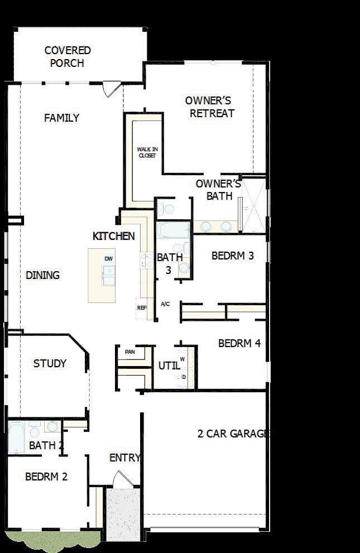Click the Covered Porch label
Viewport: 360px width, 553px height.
68,57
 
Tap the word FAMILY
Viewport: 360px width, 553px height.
62,118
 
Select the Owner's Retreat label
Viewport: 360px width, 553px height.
210,107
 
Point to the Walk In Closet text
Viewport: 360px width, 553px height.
147,152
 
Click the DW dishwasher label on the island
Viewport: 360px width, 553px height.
109,259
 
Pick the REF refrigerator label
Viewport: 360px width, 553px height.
142,308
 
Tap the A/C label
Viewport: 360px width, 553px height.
165,304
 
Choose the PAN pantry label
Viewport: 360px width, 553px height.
129,352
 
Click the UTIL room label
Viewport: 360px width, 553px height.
169,366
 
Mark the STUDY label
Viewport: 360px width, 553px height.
50,363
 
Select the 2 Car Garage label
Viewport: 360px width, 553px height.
233,434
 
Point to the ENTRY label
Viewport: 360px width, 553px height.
125,458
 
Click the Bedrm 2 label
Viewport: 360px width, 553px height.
46,477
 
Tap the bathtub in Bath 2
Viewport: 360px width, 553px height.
16,437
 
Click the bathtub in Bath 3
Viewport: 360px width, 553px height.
173,230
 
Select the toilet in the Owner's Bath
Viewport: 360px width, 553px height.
166,209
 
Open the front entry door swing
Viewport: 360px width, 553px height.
119,480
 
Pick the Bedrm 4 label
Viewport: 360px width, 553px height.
239,343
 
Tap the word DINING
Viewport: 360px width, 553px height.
42,275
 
